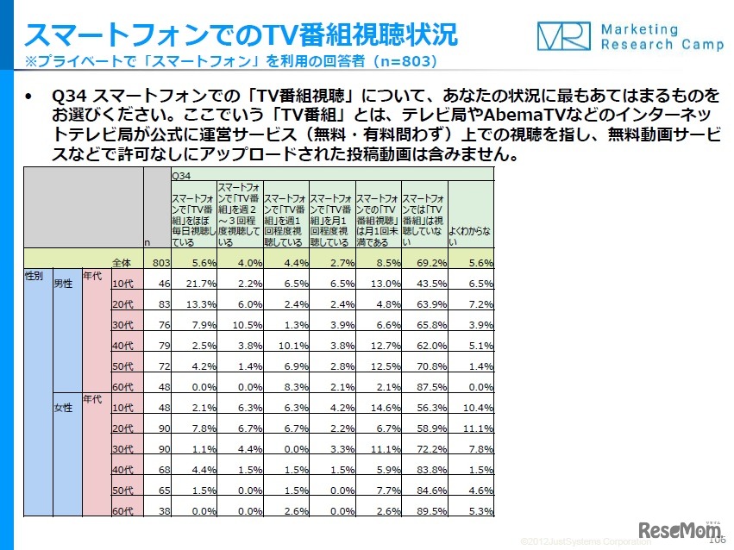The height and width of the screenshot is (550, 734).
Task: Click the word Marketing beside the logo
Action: [640, 29]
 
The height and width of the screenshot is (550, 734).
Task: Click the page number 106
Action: [716, 541]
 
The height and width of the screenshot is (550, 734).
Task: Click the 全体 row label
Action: [126, 262]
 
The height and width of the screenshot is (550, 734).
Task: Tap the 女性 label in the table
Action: [63, 405]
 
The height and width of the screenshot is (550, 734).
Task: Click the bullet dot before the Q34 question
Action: [30, 95]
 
